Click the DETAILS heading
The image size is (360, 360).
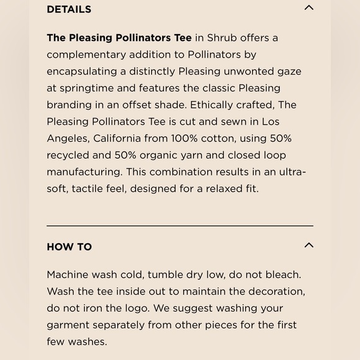(69, 9)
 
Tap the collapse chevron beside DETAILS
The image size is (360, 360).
(308, 8)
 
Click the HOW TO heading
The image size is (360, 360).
(69, 246)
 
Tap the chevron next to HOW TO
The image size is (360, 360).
(308, 245)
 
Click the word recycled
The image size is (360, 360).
(70, 155)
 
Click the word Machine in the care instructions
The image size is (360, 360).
(68, 274)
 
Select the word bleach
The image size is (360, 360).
(282, 274)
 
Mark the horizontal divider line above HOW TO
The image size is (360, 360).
(180, 226)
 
